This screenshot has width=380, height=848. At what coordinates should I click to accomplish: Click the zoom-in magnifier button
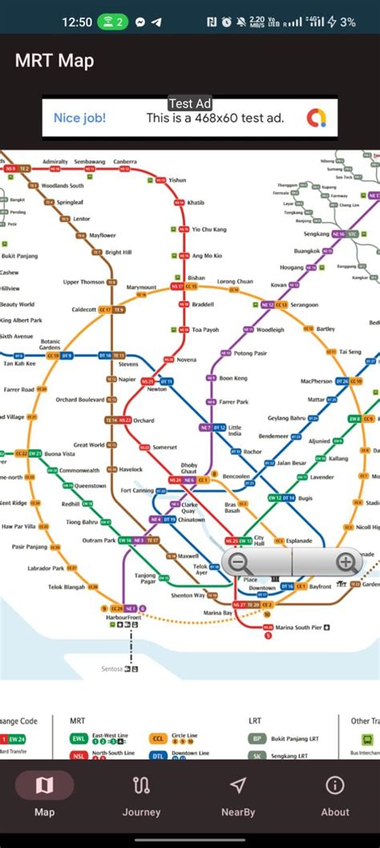346,563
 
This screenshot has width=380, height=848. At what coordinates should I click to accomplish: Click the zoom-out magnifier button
238,563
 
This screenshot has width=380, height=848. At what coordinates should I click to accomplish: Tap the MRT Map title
55,60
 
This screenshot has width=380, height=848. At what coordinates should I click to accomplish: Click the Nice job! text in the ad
79,119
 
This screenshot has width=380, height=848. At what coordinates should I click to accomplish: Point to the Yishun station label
177,180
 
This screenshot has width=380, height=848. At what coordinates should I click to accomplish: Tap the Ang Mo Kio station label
207,255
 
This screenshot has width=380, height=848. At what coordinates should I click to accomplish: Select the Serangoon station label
304,305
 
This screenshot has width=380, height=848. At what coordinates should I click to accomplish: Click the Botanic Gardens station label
51,344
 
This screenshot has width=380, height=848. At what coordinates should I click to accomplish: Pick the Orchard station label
144,420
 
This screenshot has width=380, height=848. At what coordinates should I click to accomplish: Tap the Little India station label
235,431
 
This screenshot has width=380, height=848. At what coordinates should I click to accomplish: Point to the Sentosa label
112,669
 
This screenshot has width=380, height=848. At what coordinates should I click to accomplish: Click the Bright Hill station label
118,252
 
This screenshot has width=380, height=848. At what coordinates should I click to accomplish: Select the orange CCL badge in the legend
157,738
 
